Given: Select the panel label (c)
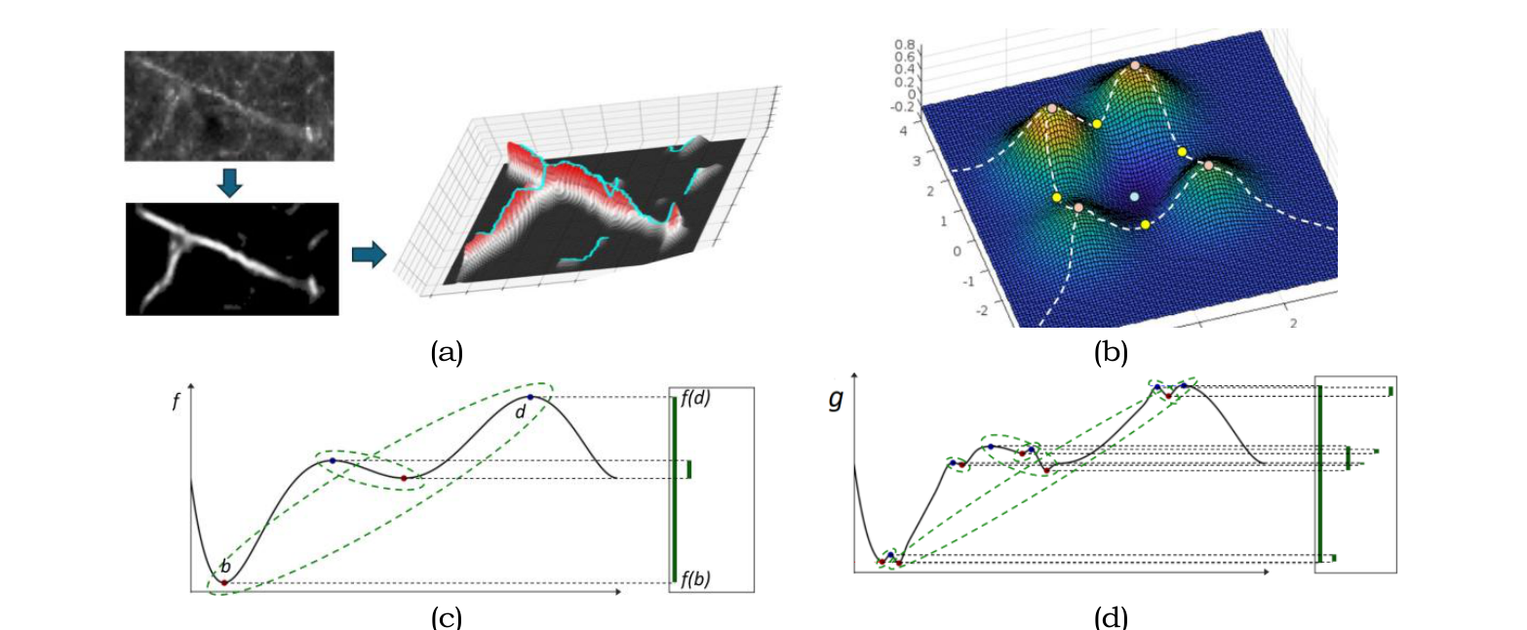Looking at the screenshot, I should point(447,617).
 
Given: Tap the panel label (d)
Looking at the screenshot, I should point(1111,617).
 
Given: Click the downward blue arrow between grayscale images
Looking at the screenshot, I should point(228,182).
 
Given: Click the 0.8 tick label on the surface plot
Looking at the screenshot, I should point(903,45).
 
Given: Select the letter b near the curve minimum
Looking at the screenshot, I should point(225,566).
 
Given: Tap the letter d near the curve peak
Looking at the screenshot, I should point(520,413).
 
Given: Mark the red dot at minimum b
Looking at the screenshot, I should point(224,583).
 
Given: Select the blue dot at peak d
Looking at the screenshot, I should point(530,397).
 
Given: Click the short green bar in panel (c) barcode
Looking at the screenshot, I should point(689,469).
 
